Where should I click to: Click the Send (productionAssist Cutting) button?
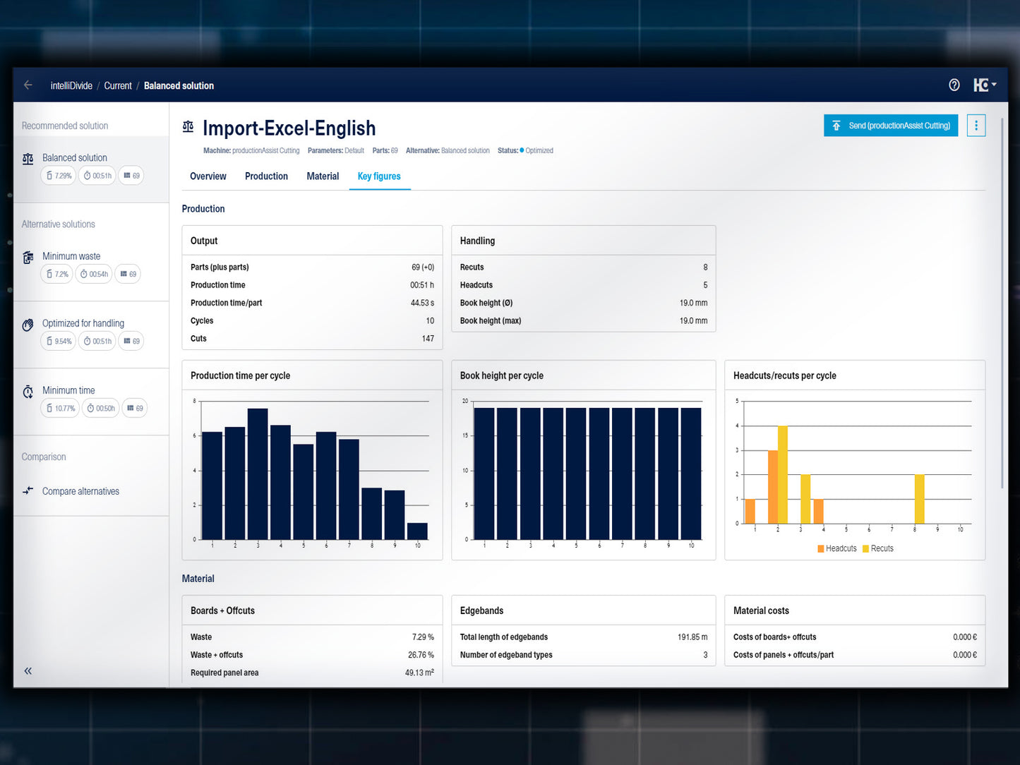coord(891,126)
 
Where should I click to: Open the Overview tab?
coord(208,176)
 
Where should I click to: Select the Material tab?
coord(323,176)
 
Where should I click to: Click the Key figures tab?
coord(379,176)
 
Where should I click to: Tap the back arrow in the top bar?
coord(28,85)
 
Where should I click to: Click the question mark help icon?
coord(954,85)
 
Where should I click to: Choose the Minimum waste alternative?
coord(71,256)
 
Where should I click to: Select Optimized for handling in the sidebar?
coord(83,323)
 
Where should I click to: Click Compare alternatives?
coord(80,491)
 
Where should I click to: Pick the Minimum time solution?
coord(68,390)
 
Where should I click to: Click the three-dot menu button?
coord(976,126)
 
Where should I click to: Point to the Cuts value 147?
coord(428,339)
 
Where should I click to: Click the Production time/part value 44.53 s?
coord(422,303)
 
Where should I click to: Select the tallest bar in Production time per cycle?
coord(258,473)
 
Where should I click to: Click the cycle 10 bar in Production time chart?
coord(417,531)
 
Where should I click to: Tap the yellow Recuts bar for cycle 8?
coord(919,498)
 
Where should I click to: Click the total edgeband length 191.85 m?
coord(692,637)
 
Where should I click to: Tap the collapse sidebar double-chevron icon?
coord(28,671)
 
